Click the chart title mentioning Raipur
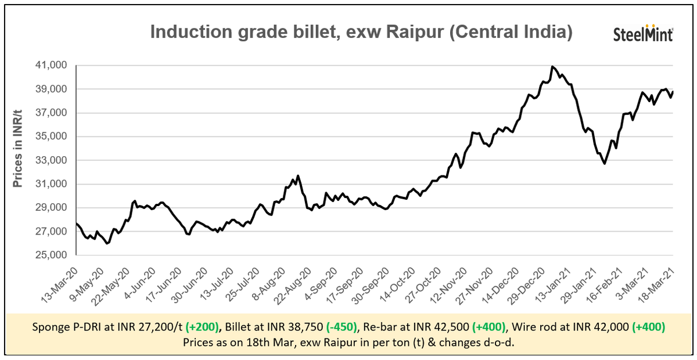361,32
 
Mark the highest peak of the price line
552,67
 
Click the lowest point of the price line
107,243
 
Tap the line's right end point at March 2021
673,91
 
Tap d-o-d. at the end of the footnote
502,342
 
